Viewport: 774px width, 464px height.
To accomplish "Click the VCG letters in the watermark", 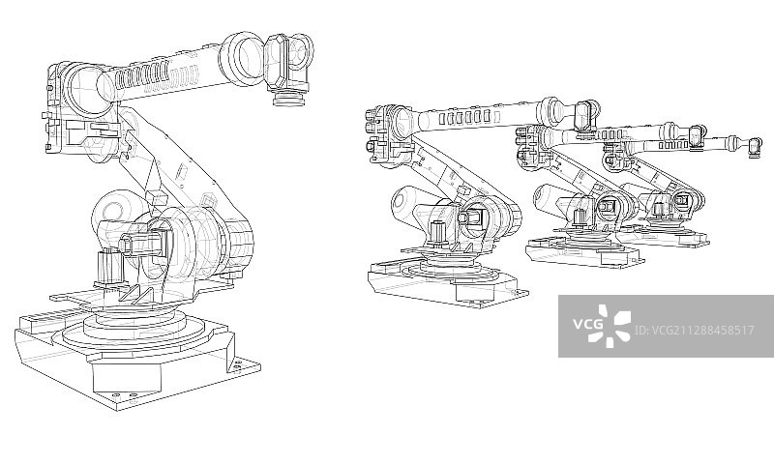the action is pyautogui.click(x=588, y=324).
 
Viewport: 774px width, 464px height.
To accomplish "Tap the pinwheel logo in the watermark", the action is pyautogui.click(x=610, y=326).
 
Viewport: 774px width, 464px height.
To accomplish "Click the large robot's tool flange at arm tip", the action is pyautogui.click(x=289, y=99).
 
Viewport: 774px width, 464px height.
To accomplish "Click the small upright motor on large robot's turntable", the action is pyautogui.click(x=107, y=267).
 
